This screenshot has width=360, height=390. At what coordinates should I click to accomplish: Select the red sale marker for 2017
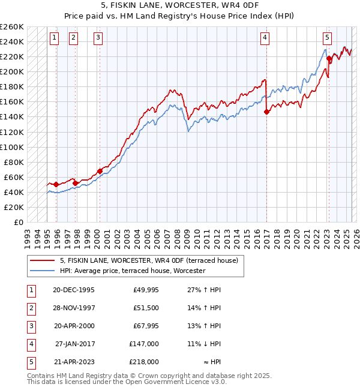[x=266, y=111]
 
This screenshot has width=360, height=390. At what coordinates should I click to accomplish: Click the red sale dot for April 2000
[x=100, y=171]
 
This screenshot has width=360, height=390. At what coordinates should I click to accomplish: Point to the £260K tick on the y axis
[x=12, y=26]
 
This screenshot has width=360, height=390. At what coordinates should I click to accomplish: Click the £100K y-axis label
[x=12, y=147]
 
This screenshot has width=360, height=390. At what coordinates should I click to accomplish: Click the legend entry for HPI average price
[x=132, y=271]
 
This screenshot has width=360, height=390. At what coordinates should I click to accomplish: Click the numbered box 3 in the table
[x=31, y=326]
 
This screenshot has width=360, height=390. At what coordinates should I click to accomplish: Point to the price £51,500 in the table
[x=146, y=308]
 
